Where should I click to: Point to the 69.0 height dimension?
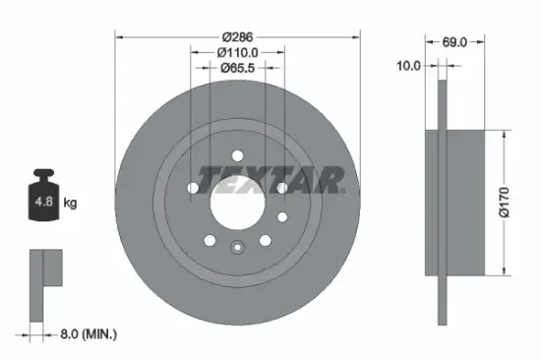pos(453,43)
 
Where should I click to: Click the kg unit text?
pos(71,203)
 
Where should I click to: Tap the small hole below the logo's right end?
pos(281,216)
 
